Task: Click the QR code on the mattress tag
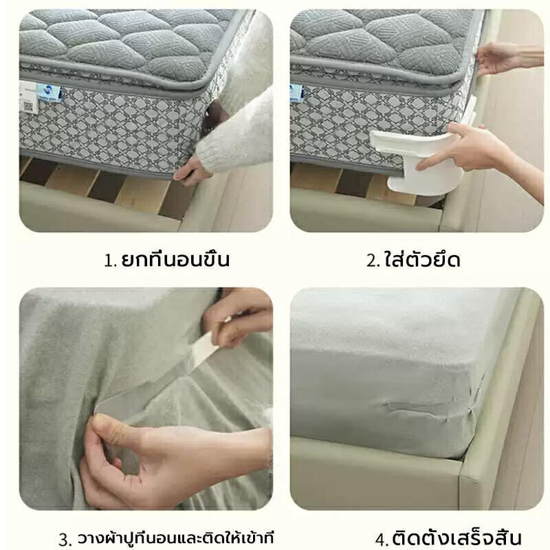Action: (x=29, y=107)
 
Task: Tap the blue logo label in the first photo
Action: (x=49, y=93)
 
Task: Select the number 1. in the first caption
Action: (x=111, y=261)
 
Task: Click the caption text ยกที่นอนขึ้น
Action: (x=175, y=259)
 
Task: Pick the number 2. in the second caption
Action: (x=373, y=261)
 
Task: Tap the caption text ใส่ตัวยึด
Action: (x=422, y=259)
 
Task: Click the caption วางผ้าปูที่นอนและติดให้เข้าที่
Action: (x=175, y=538)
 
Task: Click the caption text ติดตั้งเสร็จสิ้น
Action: (x=456, y=538)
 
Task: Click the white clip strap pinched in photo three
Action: (x=205, y=346)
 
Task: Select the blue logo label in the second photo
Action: (x=296, y=93)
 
